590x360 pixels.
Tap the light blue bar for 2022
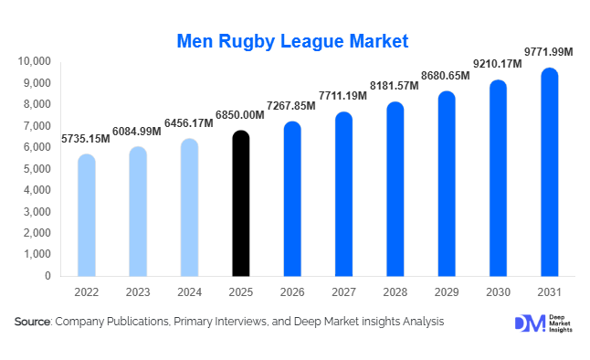tap(86, 215)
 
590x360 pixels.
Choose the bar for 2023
tap(137, 211)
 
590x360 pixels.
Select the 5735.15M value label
tap(86, 139)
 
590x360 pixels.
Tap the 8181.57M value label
tap(395, 85)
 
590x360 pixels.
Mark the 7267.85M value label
tap(290, 105)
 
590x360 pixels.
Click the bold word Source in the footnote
tap(33, 322)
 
